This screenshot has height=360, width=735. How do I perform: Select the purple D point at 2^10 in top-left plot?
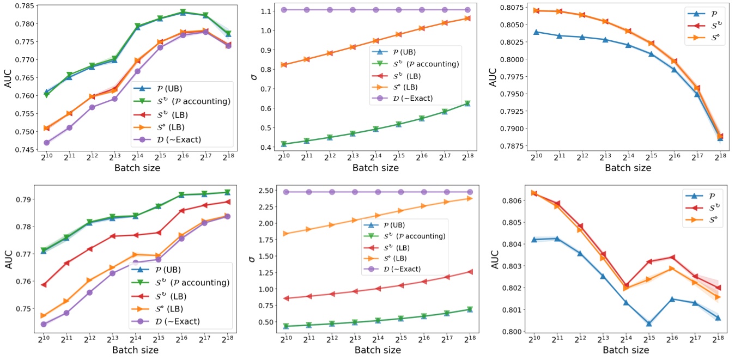(47, 143)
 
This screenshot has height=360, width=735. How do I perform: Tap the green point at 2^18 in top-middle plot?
(467, 103)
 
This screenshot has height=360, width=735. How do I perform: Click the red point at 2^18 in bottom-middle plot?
(467, 272)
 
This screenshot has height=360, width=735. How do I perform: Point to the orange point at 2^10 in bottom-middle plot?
(284, 234)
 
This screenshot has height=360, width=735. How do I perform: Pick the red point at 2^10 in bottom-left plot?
(44, 285)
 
